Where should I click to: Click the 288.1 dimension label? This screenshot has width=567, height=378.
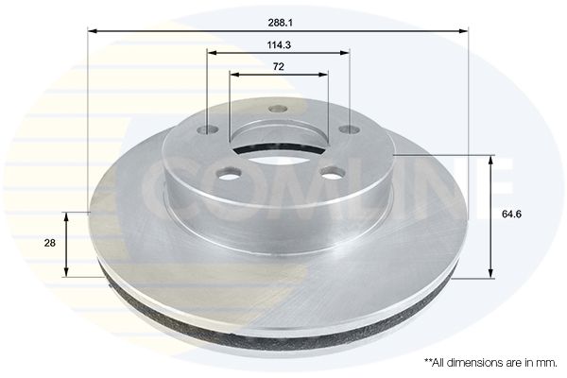click(x=281, y=23)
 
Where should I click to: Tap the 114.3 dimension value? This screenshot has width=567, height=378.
click(x=279, y=45)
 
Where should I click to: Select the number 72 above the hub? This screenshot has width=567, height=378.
click(x=279, y=66)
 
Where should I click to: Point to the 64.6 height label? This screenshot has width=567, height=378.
click(x=511, y=214)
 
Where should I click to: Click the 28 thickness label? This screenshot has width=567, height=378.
click(x=49, y=243)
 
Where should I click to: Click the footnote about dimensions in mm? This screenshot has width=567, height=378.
click(x=490, y=363)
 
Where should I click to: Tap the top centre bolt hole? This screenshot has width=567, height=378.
click(x=279, y=109)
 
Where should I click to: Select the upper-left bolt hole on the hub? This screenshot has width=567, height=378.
click(x=209, y=129)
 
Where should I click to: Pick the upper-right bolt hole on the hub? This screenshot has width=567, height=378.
click(x=350, y=129)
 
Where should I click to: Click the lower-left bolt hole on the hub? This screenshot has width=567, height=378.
click(x=229, y=173)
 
